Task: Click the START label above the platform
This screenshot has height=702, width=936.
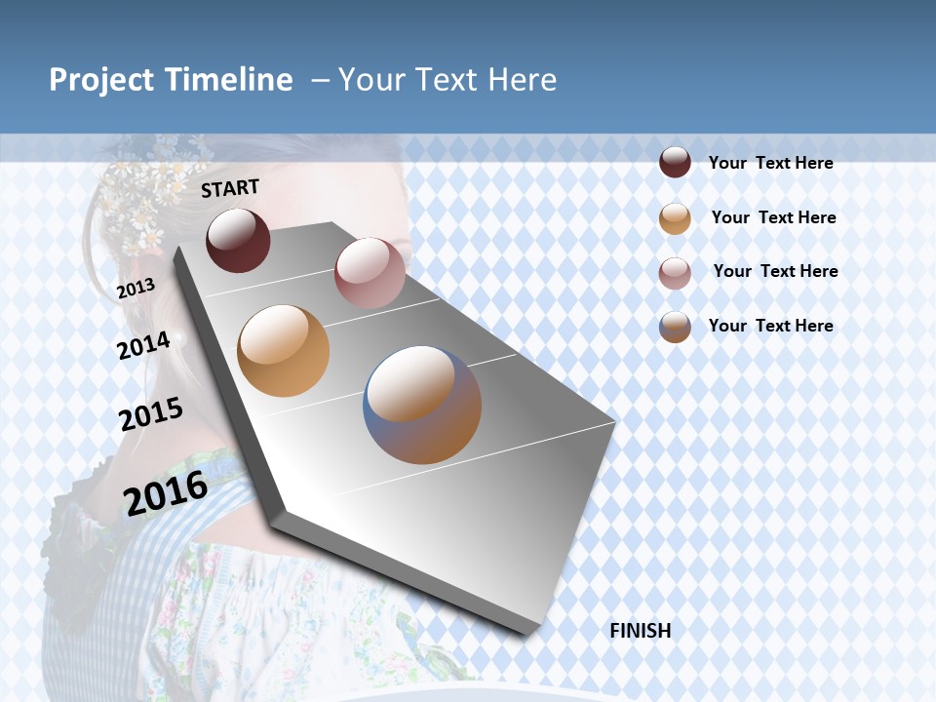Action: coord(230,188)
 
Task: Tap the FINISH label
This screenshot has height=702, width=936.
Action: coord(641,631)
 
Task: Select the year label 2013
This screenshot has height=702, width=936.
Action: coord(136,289)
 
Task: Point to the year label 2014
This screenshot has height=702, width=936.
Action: coord(144,345)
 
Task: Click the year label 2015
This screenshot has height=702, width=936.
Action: coord(151,414)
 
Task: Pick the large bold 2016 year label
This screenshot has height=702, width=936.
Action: coord(166,492)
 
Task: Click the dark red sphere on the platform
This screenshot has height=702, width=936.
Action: coord(238,240)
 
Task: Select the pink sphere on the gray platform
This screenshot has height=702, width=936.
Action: coord(370,273)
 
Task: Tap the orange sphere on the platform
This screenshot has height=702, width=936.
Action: coord(284,351)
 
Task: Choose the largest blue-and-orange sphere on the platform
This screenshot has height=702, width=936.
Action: coord(422,405)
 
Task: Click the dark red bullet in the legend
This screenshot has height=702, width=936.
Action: coord(675,162)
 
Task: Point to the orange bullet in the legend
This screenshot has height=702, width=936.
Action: coord(675,217)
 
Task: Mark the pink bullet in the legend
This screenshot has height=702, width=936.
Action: coord(675,272)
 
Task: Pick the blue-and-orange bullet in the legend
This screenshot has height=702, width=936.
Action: coord(675,327)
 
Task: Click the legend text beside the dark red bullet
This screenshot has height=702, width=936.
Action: coord(770,163)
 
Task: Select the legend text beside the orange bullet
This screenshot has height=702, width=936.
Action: coord(773,217)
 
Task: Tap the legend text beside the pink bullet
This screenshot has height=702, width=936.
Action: coord(775,271)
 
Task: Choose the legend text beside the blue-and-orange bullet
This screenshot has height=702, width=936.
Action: coord(770,326)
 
